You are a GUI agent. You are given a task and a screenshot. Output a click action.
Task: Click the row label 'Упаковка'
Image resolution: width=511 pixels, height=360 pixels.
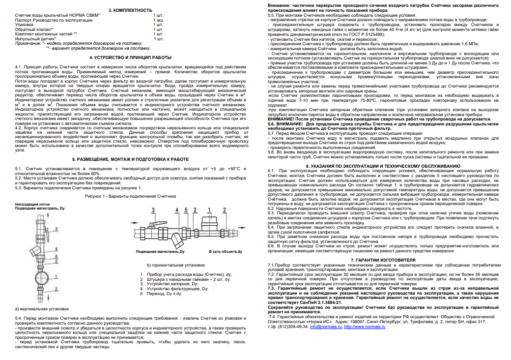coord(25,24)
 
